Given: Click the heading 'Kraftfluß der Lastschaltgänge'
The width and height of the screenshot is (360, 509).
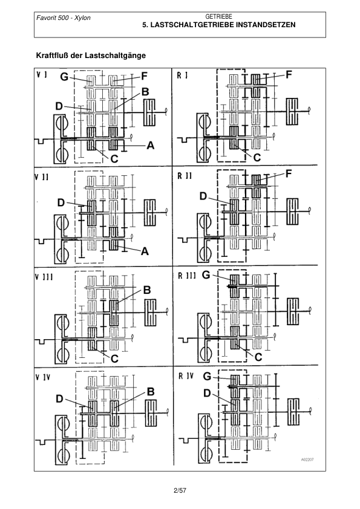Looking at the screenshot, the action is pos(91,56).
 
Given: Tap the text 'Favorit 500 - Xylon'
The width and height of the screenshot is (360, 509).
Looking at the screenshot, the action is pos(64,18).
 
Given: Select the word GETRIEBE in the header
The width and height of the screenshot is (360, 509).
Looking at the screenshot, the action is pos(218,16).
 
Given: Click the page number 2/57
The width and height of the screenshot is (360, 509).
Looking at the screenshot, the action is pos(180,490).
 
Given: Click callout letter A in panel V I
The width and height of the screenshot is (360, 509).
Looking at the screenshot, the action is pos(150,146).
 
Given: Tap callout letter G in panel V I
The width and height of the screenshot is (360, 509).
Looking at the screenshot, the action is pos(64,77).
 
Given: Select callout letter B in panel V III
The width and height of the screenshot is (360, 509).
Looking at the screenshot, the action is pos(147,290).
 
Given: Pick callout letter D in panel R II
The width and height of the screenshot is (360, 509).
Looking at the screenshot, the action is pos(203,196).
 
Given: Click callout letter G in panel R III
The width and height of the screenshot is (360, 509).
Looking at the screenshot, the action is pos(206,275).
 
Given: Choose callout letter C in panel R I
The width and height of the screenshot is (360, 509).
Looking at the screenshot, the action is pos(257,157).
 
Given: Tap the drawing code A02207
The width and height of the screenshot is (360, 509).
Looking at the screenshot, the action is pos(307,459).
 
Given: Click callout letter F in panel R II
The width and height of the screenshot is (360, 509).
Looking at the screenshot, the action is pos(289,174).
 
